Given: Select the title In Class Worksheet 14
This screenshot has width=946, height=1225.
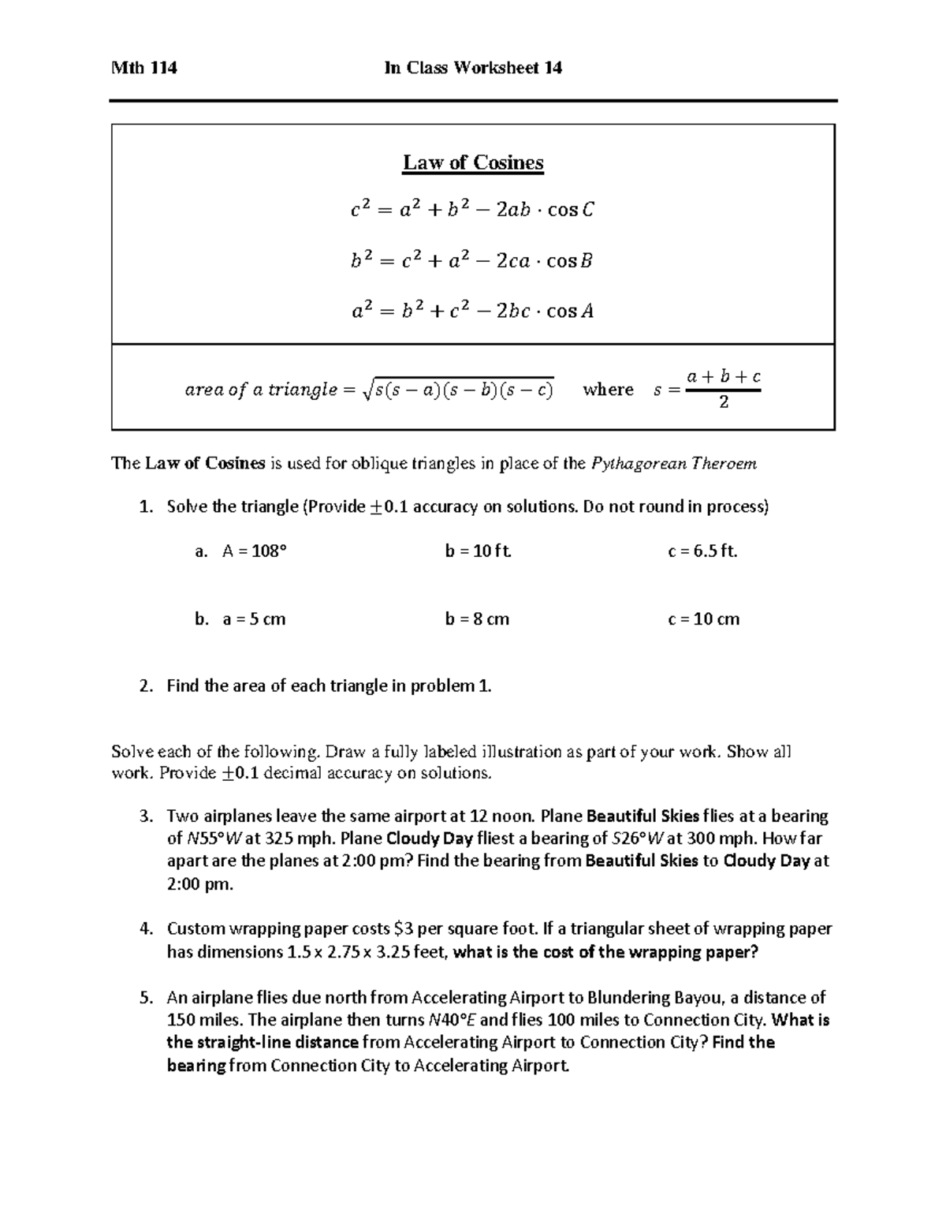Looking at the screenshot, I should [x=473, y=68].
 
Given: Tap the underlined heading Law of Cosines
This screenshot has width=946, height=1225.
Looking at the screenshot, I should [x=473, y=162].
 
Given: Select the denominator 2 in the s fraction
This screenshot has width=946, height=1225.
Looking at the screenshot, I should [x=724, y=403].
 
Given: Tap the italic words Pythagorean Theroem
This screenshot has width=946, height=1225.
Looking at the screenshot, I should [x=673, y=464].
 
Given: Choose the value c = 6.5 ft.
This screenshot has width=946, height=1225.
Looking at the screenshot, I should [x=702, y=551].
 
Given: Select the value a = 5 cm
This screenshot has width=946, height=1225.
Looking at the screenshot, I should [x=254, y=619].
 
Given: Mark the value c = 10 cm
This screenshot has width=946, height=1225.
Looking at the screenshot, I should [x=703, y=619].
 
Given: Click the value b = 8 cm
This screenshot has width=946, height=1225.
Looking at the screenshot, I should [x=477, y=619].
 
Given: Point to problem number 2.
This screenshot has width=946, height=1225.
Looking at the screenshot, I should [x=144, y=686].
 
